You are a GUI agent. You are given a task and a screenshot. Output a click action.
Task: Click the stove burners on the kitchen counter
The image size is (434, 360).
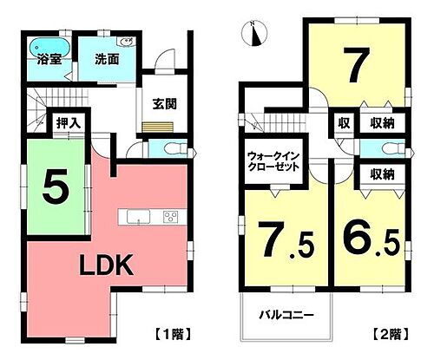(x=170, y=216)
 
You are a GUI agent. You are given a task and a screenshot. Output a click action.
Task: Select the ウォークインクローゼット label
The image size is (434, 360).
(x=273, y=162)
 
